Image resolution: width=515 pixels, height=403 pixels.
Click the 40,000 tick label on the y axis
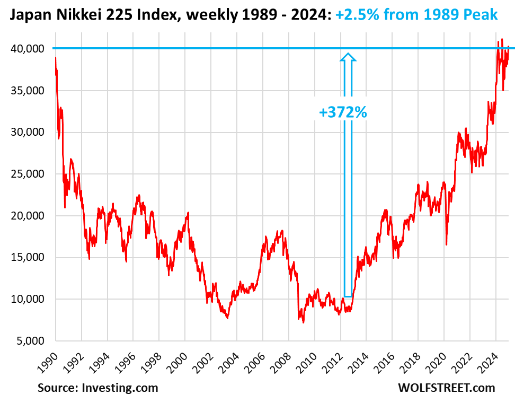(29, 49)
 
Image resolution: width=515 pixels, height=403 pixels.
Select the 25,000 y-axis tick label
(29, 174)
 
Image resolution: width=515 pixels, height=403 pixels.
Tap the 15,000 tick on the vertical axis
(29, 258)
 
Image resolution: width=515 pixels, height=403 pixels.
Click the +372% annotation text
(343, 112)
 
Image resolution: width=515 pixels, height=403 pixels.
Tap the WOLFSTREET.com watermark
(446, 388)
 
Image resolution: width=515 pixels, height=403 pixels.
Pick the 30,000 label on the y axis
(29, 133)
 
